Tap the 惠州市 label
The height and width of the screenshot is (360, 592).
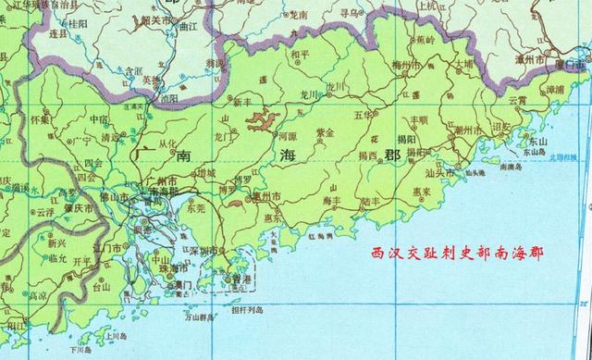[x=268, y=197]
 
